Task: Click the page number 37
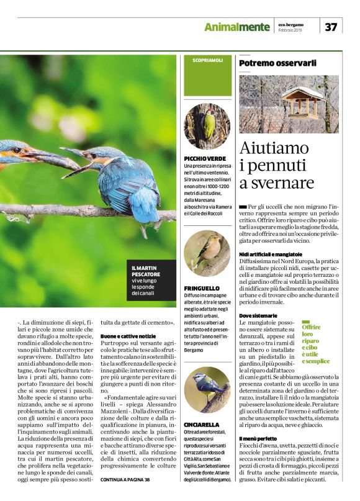(x=331, y=26)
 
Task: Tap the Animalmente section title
(x=237, y=26)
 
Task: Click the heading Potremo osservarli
(x=277, y=63)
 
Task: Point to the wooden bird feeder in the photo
(x=299, y=103)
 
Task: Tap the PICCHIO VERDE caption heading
(x=204, y=159)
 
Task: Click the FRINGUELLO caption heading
(x=202, y=289)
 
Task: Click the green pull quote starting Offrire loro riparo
(x=315, y=344)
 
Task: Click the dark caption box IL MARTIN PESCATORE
(x=148, y=278)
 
